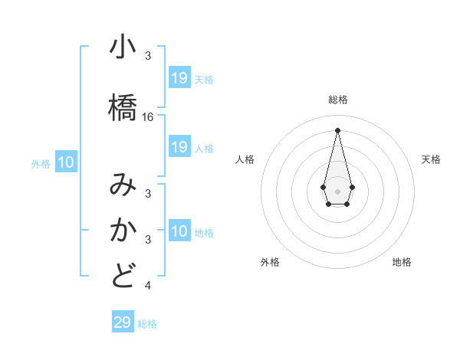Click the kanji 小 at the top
[123, 48]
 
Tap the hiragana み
[123, 186]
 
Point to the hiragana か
[123, 230]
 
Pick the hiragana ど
[123, 275]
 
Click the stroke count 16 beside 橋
[148, 117]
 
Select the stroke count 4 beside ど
[148, 286]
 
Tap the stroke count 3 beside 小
[148, 56]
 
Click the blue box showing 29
[122, 322]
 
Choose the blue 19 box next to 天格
[179, 77]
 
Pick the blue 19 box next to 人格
[179, 147]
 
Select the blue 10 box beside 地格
[179, 231]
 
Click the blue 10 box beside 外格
[66, 162]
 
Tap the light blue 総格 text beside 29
[147, 324]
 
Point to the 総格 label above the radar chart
[337, 100]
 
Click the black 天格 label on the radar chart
[431, 159]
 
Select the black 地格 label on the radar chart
[402, 262]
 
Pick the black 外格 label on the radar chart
[270, 262]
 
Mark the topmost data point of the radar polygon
[337, 129]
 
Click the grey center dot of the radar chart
[337, 190]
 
